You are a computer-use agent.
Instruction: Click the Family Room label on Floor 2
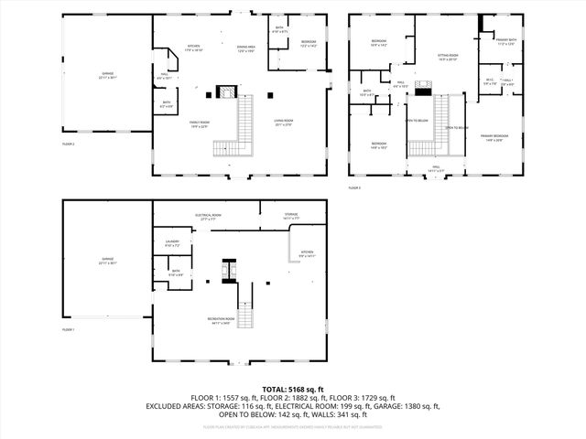pos(200,125)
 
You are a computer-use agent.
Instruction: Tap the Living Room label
pos(282,122)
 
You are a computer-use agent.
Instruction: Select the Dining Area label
pos(245,48)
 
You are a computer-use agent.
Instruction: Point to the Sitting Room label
pos(447,57)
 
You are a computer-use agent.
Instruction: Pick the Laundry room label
pos(172,244)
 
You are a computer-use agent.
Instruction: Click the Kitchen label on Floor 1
pos(308,255)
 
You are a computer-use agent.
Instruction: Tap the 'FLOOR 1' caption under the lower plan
pos(69,329)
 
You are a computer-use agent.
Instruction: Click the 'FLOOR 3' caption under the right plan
pos(354,187)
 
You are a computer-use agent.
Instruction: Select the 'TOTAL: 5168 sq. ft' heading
pos(292,389)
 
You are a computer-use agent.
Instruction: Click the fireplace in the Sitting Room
pos(422,89)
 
